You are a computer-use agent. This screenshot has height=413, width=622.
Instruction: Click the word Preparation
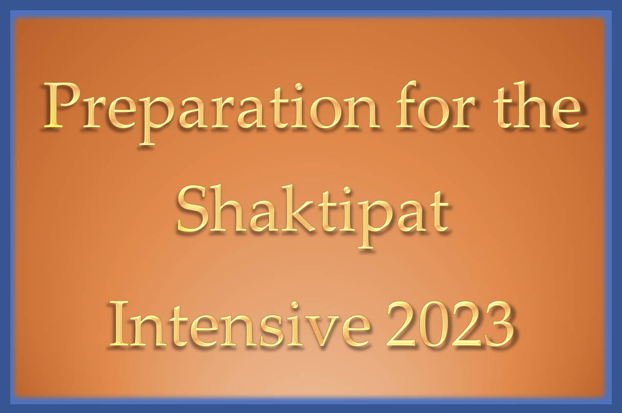(211, 113)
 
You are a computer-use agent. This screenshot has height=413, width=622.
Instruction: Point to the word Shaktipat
(313, 217)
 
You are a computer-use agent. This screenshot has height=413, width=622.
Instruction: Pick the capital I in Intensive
(120, 324)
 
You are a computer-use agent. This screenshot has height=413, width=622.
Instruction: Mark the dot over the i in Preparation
(299, 87)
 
